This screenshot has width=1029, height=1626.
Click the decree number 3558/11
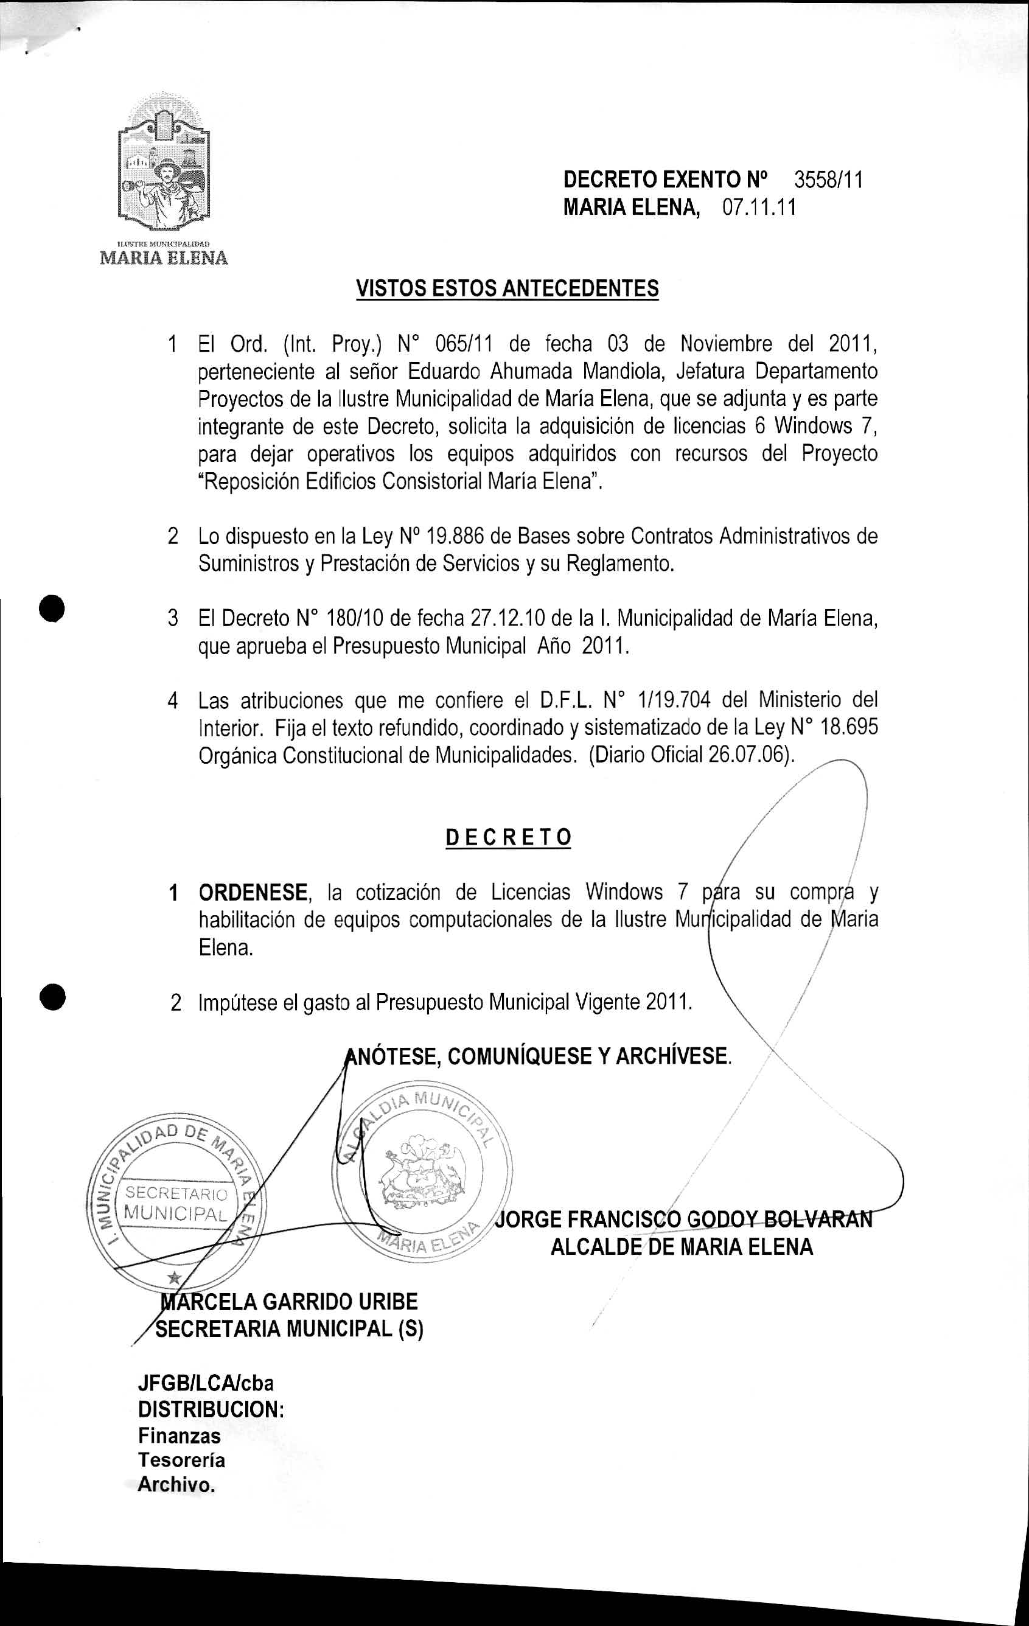coord(828,180)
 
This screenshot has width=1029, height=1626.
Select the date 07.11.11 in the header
coord(759,208)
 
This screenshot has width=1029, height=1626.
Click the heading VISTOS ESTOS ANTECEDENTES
coord(507,289)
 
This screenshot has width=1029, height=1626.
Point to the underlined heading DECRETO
coord(509,837)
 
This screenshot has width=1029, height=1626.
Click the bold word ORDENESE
coord(253,893)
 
